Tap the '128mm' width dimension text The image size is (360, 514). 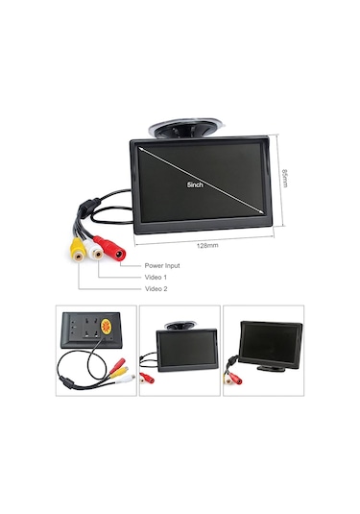pyautogui.click(x=207, y=246)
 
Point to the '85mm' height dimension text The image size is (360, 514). pyautogui.click(x=284, y=179)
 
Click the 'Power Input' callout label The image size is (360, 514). pyautogui.click(x=162, y=265)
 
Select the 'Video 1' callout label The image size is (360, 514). pyautogui.click(x=156, y=277)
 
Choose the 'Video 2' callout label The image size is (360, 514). pyautogui.click(x=156, y=288)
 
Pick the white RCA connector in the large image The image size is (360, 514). pyautogui.click(x=96, y=250)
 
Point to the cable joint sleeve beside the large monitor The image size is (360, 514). pyautogui.click(x=84, y=205)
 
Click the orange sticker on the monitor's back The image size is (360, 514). pyautogui.click(x=106, y=329)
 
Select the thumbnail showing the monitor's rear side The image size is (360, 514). pyautogui.click(x=93, y=351)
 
